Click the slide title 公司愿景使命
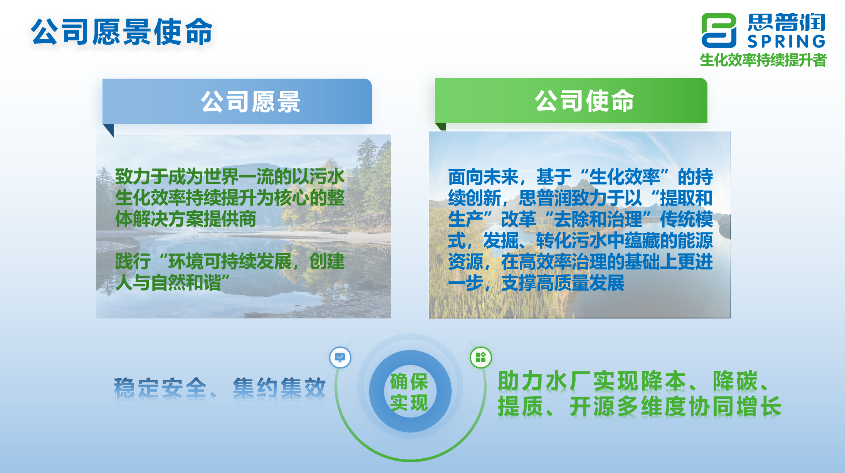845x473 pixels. tap(122, 32)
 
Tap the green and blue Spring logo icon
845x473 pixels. tap(719, 30)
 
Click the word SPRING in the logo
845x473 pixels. tap(786, 41)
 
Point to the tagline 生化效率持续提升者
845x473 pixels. tap(763, 60)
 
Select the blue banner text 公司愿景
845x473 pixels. tap(250, 102)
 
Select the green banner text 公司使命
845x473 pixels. tap(584, 101)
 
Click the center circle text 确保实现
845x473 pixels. tap(409, 392)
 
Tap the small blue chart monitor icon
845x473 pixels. tap(340, 357)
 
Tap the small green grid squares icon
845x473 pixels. tap(480, 357)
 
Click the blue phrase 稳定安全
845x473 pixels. tap(160, 388)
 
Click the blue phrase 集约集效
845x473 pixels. tap(279, 388)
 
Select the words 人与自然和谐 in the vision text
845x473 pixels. tap(168, 282)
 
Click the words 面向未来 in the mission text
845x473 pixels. tap(483, 177)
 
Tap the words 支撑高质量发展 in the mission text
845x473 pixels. tap(563, 283)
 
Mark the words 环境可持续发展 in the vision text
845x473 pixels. tap(230, 261)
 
